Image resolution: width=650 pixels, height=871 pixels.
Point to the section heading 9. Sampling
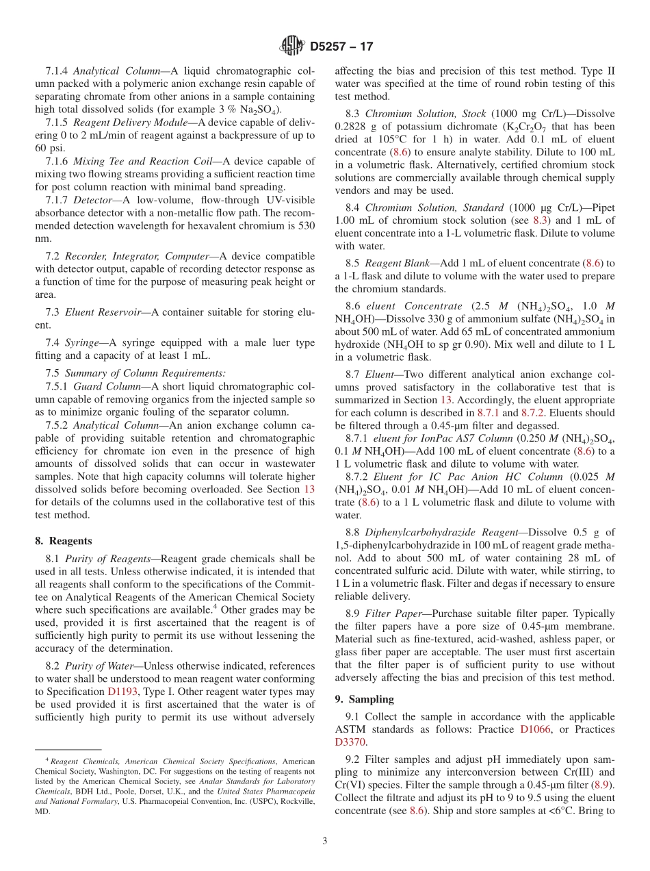364,698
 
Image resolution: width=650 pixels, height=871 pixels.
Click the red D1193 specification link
123,692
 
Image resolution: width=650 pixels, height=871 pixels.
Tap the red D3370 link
350,742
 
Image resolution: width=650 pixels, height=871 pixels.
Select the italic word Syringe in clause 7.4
82,342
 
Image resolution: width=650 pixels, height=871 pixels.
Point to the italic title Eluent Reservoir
103,312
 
